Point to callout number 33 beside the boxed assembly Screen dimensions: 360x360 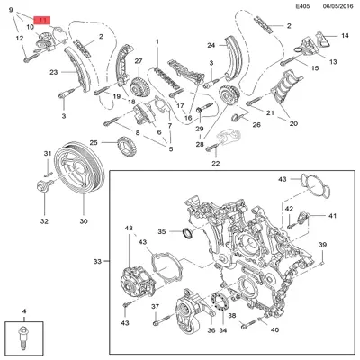click(98, 262)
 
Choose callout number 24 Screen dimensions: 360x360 click(210, 45)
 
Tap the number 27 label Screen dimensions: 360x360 click(139, 61)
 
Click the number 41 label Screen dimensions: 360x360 click(331, 216)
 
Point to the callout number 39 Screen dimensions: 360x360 click(322, 246)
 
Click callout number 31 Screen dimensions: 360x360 click(46, 154)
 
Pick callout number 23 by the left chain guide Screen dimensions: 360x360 click(54, 72)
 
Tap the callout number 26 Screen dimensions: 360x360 click(256, 125)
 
